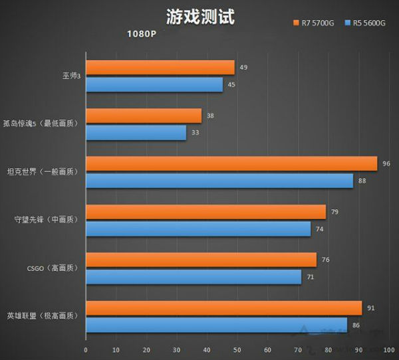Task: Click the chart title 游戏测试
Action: [200, 16]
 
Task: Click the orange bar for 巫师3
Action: [160, 68]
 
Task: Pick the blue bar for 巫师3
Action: [154, 84]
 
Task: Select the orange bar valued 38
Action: [144, 116]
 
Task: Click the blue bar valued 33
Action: [136, 133]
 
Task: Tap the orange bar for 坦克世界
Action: [231, 163]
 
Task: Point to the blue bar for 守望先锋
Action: [198, 228]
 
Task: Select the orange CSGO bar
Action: [201, 260]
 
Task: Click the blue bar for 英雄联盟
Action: [216, 325]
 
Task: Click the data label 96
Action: [386, 163]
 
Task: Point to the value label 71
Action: [310, 276]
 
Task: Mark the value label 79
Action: [334, 212]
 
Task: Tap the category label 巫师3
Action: [67, 75]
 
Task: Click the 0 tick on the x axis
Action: [86, 351]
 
